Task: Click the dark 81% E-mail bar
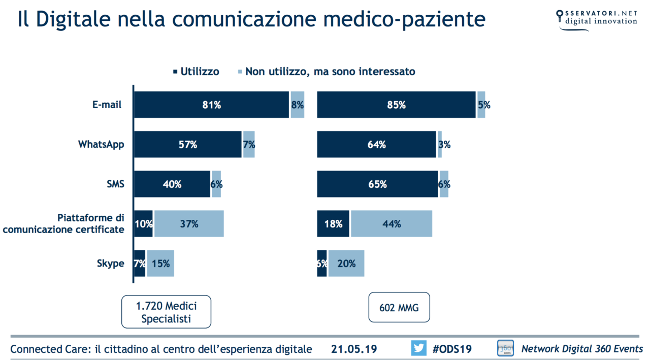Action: point(211,105)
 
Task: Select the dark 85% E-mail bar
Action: point(396,105)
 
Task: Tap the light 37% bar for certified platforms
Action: point(189,224)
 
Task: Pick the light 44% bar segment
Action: point(391,224)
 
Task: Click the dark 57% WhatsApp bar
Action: point(187,145)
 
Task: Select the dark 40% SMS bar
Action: point(172,184)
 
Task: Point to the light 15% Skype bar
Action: point(160,264)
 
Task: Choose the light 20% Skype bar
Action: point(346,264)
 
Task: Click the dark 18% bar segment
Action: point(333,224)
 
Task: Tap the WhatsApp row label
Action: point(101,145)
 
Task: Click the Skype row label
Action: point(110,264)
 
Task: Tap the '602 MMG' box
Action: point(399,307)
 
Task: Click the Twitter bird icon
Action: point(418,348)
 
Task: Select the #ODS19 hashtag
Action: point(452,349)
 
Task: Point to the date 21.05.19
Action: point(353,349)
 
